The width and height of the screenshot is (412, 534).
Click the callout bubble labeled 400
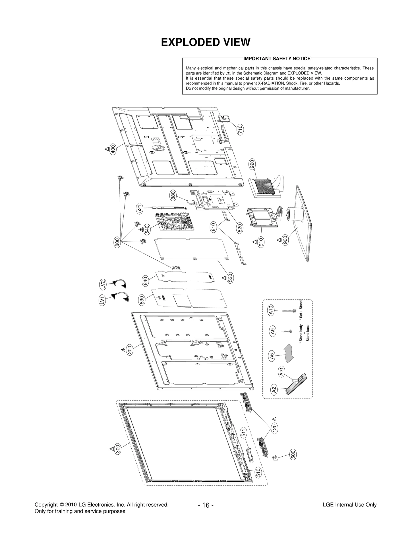click(113, 149)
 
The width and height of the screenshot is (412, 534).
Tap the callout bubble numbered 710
click(240, 129)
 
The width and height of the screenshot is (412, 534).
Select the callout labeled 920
click(252, 164)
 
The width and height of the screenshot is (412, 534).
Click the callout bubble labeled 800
click(117, 243)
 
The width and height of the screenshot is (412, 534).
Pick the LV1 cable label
click(102, 301)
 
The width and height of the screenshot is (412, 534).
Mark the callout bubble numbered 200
click(130, 350)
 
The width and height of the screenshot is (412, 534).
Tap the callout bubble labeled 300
click(117, 449)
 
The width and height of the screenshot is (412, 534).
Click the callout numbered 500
click(293, 454)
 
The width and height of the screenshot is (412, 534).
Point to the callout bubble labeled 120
click(274, 428)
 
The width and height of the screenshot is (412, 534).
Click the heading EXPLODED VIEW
click(205, 42)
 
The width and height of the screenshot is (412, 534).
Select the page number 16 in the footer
click(206, 505)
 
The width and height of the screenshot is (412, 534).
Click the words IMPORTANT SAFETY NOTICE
click(277, 59)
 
